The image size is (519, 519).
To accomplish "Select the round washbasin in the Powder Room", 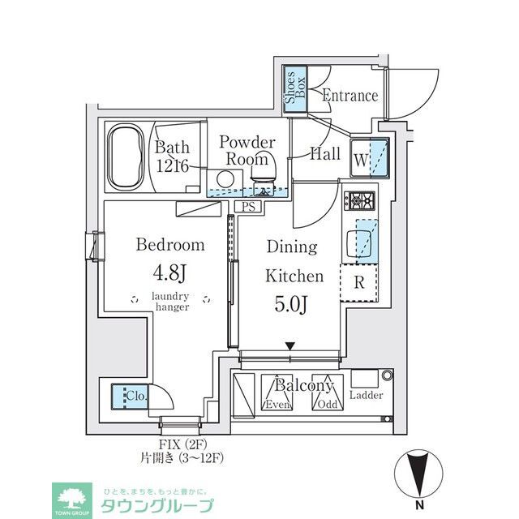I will tap(225, 179).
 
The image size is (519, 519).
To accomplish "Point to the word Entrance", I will tap(350, 96).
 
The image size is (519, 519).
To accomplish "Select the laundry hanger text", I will tap(170, 302).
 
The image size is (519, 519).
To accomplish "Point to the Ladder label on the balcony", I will tap(367, 396).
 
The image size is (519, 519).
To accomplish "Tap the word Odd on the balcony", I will tap(328, 404).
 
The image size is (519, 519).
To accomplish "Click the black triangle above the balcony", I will tap(290, 348).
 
